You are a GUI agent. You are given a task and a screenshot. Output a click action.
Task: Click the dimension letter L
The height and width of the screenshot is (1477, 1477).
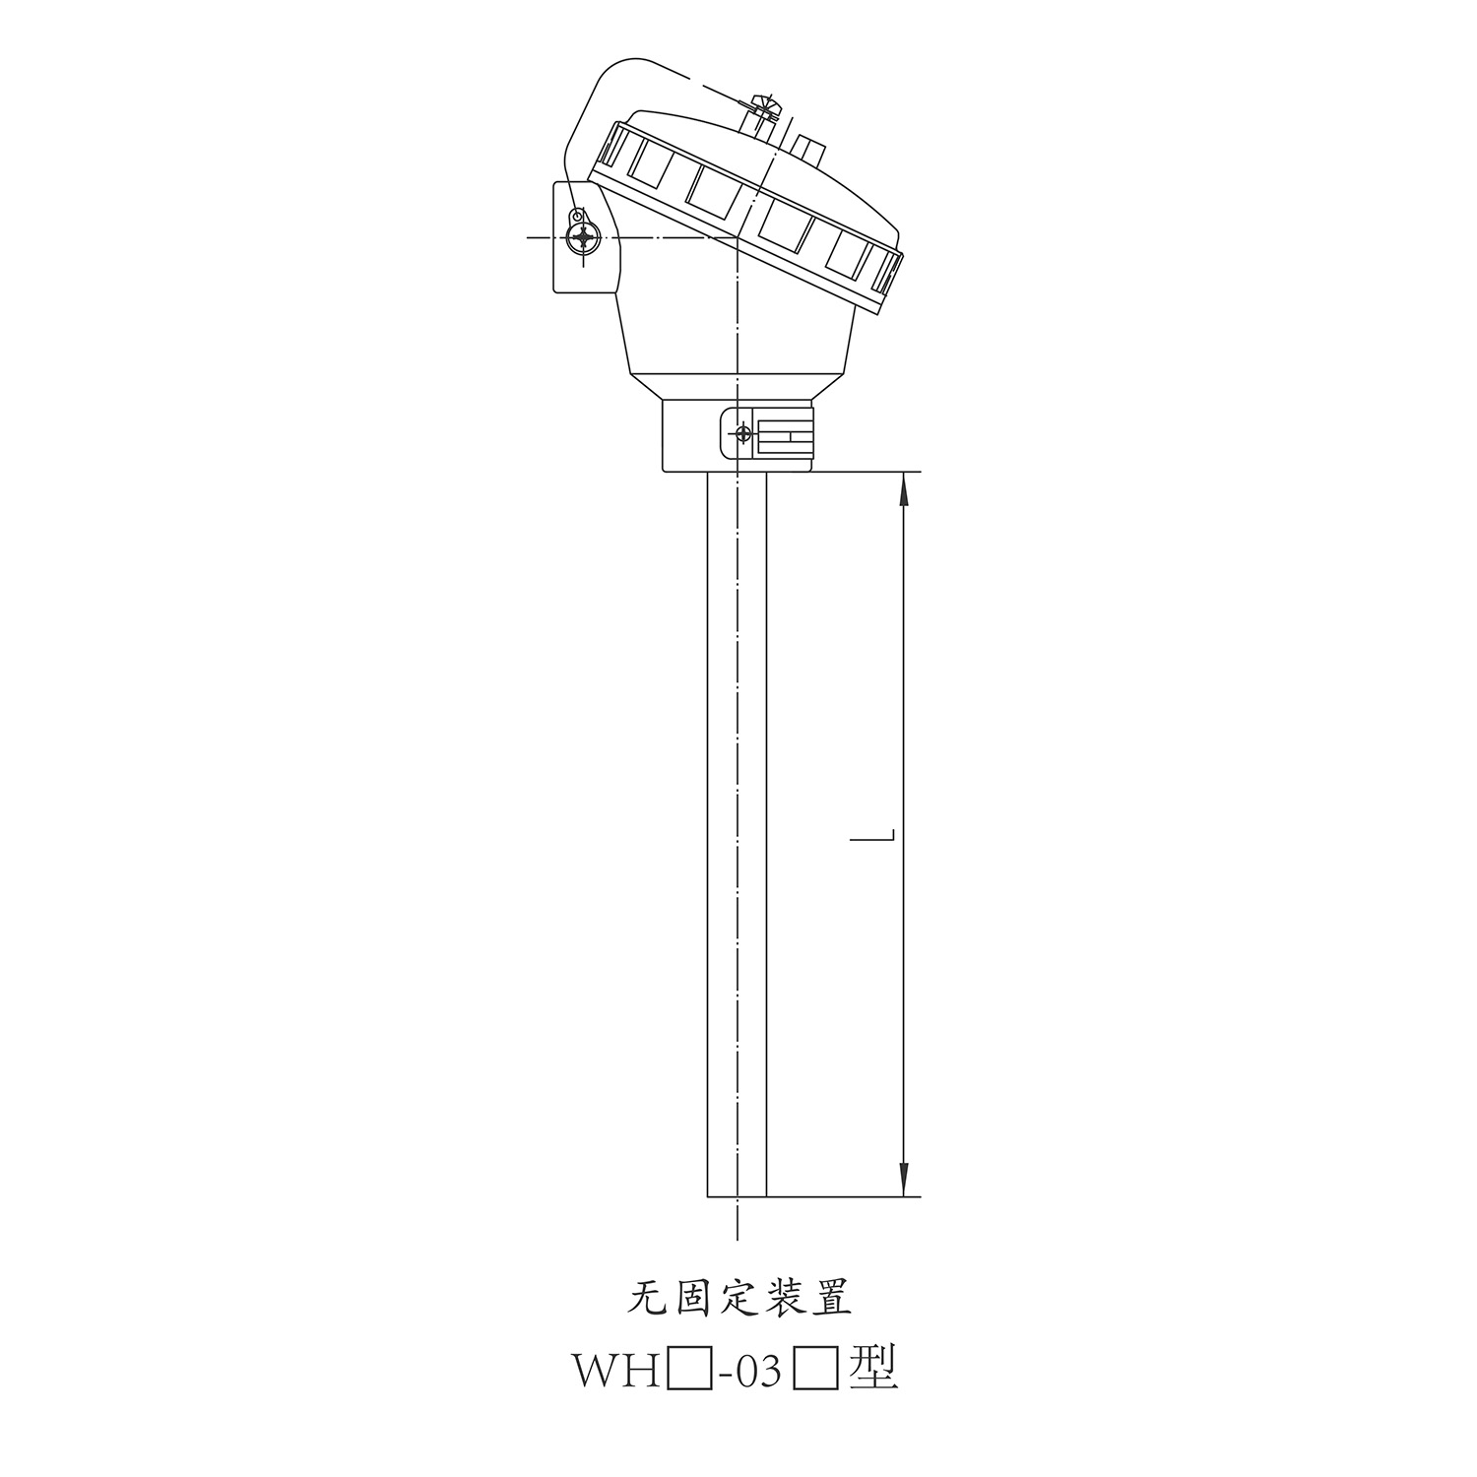[872, 837]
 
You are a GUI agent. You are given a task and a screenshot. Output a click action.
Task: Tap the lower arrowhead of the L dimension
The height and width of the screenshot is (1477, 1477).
[904, 1180]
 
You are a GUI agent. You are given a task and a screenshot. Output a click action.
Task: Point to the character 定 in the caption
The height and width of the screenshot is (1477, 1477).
[739, 1298]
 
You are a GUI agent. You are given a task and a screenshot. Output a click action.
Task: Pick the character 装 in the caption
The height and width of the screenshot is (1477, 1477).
[785, 1298]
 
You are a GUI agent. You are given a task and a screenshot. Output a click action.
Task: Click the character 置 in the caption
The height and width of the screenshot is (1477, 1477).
[830, 1298]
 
